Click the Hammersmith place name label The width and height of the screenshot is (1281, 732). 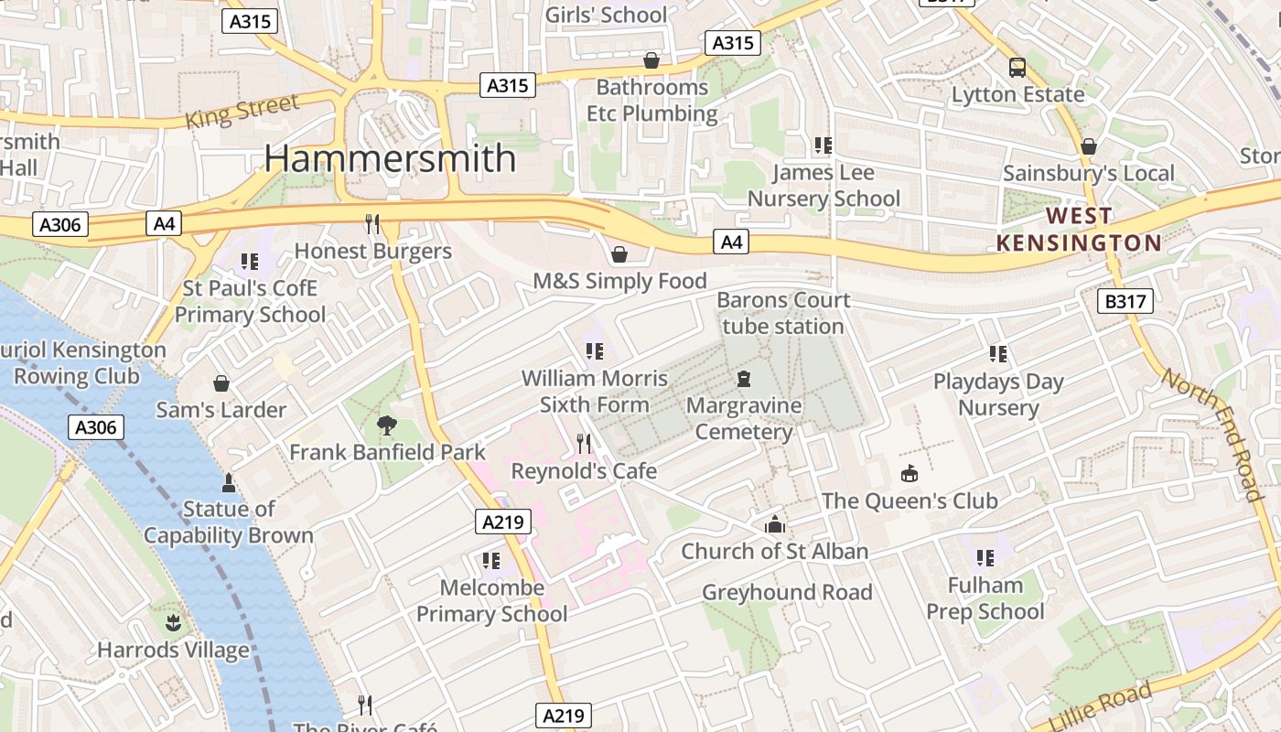[x=391, y=158]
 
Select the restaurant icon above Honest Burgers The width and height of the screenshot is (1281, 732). [x=372, y=224]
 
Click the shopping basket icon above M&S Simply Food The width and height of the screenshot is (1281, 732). [x=619, y=253]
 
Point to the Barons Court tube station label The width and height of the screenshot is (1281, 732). [x=782, y=313]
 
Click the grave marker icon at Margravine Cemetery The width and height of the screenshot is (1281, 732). [x=744, y=378]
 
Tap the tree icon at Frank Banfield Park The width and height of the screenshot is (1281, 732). [x=387, y=425]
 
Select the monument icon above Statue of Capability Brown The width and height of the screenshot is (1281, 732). [x=229, y=482]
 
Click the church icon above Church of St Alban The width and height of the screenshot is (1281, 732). [x=775, y=524]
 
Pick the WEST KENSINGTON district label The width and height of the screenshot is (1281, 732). [x=1079, y=230]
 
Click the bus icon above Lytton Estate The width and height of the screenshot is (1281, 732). [x=1017, y=67]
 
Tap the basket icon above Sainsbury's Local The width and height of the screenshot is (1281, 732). [x=1089, y=146]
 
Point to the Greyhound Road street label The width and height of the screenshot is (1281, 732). [x=787, y=592]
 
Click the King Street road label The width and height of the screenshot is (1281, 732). [x=242, y=112]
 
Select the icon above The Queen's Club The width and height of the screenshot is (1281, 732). [x=910, y=473]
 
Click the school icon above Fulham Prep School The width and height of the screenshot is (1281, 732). [x=985, y=557]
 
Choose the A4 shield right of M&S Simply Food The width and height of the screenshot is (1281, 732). [x=731, y=242]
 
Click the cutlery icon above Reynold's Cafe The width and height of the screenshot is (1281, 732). [x=584, y=444]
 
